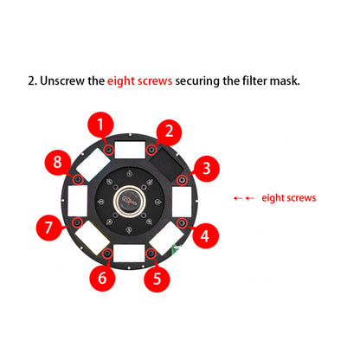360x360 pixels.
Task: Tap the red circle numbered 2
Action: point(170,132)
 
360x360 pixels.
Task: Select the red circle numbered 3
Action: point(204,168)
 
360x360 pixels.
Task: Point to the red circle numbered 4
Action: point(204,235)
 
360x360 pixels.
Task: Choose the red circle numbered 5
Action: point(157,278)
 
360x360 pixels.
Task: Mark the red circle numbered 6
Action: point(102,278)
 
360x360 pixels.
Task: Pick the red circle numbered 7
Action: point(49,230)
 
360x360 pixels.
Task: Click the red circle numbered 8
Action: point(58,162)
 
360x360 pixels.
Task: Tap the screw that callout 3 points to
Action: point(181,179)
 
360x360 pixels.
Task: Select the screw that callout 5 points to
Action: point(151,254)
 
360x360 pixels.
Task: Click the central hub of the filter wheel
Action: point(129,202)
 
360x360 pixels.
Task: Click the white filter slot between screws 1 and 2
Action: point(129,149)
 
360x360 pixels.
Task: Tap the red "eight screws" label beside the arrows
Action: point(288,198)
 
